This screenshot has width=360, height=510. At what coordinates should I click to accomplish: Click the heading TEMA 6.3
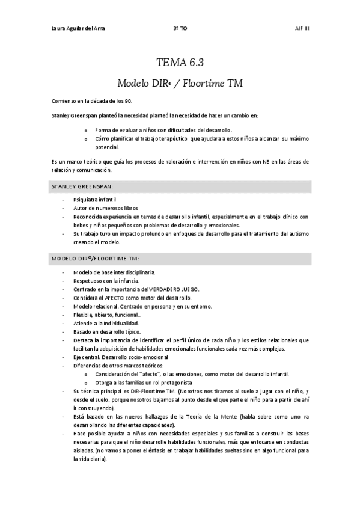pyautogui.click(x=180, y=62)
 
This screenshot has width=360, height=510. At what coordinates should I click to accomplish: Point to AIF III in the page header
pyautogui.click(x=302, y=28)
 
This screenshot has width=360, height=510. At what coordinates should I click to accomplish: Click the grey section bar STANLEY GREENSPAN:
pyautogui.click(x=180, y=188)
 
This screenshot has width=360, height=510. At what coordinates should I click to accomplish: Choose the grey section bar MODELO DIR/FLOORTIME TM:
pyautogui.click(x=180, y=259)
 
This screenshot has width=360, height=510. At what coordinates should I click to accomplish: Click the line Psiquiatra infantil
pyautogui.click(x=95, y=199)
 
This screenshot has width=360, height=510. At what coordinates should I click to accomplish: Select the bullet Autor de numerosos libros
pyautogui.click(x=102, y=207)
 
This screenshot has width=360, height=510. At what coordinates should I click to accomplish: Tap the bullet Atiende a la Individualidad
pyautogui.click(x=106, y=323)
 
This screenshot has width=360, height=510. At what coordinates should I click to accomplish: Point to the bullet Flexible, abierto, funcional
pyautogui.click(x=108, y=315)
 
